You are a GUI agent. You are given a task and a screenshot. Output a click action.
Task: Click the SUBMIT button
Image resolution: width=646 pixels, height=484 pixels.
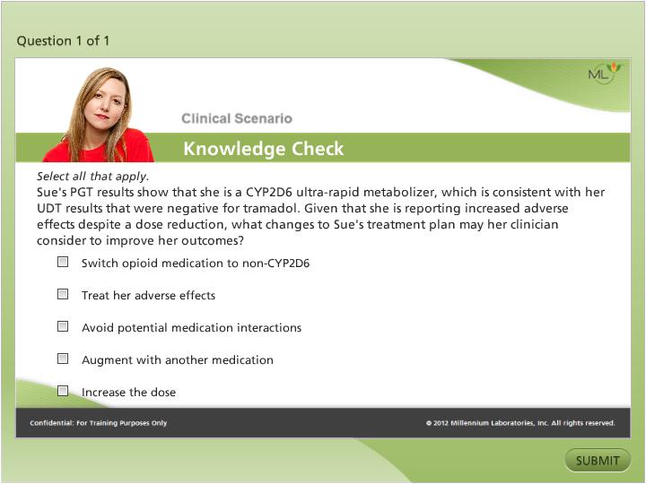598,461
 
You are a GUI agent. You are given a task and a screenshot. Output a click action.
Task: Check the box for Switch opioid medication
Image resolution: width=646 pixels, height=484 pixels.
63,263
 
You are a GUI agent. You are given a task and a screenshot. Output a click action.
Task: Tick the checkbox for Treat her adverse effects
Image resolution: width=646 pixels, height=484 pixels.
63,294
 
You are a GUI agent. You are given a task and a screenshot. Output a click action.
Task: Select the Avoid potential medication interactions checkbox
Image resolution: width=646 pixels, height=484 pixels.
63,326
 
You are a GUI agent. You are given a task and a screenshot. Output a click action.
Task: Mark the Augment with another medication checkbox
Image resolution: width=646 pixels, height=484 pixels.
63,359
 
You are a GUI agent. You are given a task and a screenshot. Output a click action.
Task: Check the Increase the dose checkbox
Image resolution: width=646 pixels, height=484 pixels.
63,391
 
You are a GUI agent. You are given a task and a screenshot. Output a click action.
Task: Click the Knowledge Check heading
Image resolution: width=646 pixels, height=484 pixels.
263,149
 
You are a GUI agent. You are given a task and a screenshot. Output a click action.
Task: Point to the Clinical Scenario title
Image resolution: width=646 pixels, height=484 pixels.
236,118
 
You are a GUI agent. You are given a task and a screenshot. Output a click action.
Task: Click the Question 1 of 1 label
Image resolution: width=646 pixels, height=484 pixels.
64,40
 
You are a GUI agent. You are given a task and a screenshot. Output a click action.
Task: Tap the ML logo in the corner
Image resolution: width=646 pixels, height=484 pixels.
602,74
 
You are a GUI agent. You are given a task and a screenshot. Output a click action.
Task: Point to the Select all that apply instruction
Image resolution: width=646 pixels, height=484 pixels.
92,177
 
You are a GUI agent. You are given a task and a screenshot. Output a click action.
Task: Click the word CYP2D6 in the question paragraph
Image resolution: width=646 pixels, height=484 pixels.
275,193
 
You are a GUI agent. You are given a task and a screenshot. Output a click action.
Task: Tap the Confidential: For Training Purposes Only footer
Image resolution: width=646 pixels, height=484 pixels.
98,423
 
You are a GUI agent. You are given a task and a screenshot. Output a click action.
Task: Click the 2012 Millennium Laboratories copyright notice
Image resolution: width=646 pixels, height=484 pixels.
520,423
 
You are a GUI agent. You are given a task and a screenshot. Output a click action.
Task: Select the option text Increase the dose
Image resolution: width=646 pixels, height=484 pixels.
128,393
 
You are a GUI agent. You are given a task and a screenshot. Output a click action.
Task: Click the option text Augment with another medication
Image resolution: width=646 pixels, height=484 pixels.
177,360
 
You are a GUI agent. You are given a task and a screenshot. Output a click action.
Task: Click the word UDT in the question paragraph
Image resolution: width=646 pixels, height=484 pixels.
52,209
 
